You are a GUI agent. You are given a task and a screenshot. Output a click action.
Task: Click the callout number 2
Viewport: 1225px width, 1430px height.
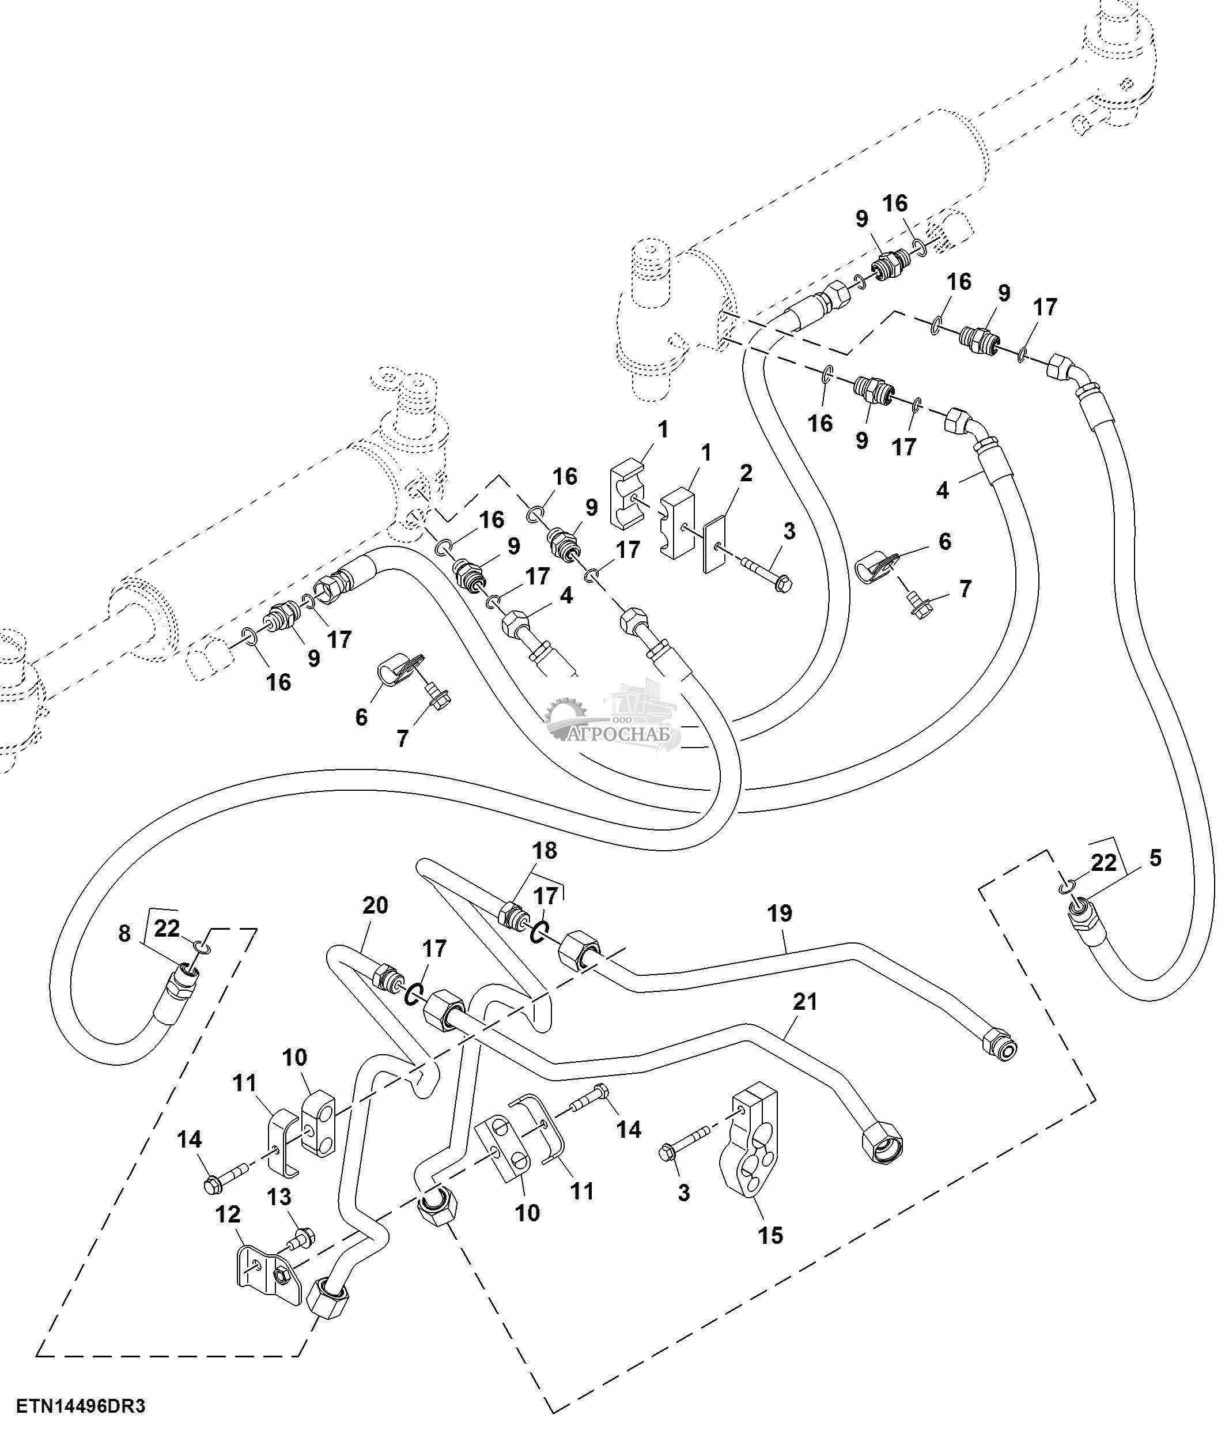coord(746,473)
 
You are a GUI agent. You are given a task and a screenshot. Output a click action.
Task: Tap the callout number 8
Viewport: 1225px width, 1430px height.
coord(124,934)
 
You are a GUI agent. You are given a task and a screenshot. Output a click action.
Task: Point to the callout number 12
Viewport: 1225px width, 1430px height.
coord(229,1213)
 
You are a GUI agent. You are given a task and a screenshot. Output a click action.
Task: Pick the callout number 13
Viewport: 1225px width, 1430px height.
coord(279,1197)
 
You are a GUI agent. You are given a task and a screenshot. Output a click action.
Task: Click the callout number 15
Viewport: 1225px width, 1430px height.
coord(770,1235)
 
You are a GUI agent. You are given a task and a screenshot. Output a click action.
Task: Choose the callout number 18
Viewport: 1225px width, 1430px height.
coord(544,850)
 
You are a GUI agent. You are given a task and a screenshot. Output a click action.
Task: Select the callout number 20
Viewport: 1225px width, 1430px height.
coord(375,905)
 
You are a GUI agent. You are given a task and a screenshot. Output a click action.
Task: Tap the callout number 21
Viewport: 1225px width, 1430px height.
coord(805,1001)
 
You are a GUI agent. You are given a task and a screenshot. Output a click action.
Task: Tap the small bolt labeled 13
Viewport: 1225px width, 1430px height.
coord(301,1237)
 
